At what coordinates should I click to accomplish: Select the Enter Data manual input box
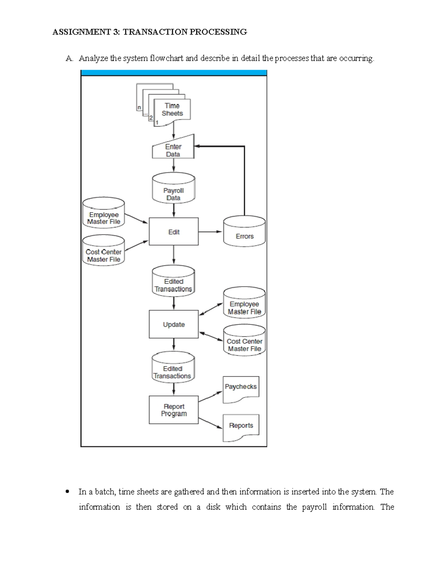[173, 150]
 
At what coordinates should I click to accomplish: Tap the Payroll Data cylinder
[174, 190]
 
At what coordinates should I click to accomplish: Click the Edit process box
[174, 232]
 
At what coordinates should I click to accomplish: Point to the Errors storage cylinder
[244, 232]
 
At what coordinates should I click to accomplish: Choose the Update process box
[174, 325]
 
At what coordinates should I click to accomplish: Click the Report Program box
[174, 410]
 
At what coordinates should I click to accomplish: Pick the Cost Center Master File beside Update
[244, 341]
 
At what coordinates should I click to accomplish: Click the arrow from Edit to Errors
[210, 232]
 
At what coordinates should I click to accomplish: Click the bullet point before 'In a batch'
[67, 492]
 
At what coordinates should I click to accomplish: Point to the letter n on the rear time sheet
[139, 108]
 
